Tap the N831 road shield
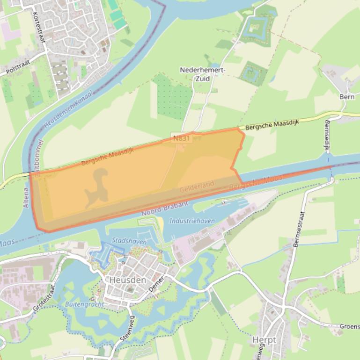(182, 138)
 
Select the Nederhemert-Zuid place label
(203, 74)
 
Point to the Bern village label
(346, 96)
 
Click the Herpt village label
(264, 340)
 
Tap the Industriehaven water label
(192, 221)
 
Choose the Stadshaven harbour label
(129, 241)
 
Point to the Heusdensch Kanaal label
(68, 109)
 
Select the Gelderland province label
(197, 187)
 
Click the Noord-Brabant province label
(165, 209)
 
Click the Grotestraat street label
(44, 299)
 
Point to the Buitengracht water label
(84, 304)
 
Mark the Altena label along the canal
(26, 197)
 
